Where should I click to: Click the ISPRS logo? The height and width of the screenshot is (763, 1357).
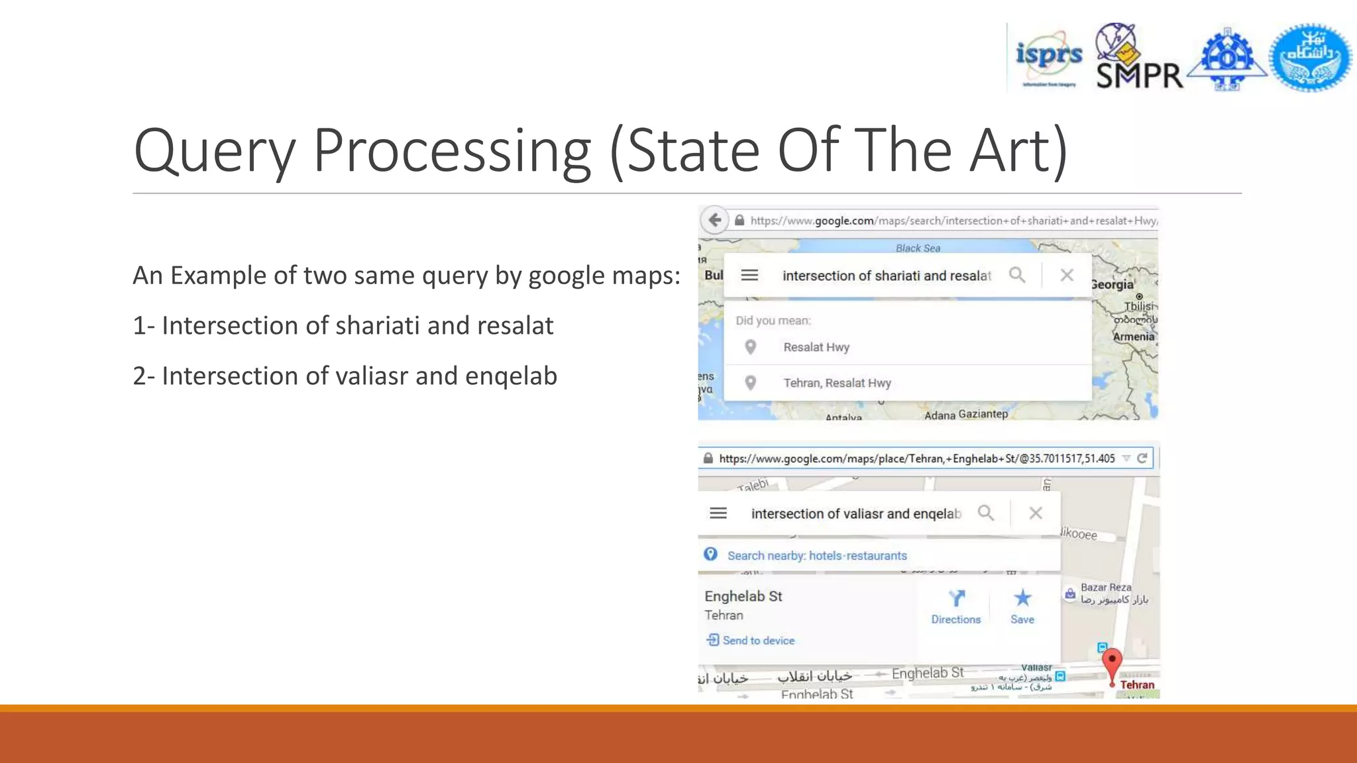pos(1048,58)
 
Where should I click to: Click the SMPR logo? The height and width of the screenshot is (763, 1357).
pos(1138,58)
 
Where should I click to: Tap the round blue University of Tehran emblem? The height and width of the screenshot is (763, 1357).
pos(1310,58)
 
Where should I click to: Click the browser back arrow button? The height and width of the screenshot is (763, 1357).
pos(714,220)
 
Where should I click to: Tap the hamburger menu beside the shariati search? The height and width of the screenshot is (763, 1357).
pos(749,275)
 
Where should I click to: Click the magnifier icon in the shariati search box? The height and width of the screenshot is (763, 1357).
pos(1017,275)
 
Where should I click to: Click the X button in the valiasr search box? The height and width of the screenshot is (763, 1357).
pos(1036,513)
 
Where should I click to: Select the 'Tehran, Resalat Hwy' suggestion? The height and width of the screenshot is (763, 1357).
pos(837,383)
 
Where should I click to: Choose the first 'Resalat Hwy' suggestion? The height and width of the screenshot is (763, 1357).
pos(816,347)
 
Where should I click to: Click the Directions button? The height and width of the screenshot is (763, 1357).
pos(955,607)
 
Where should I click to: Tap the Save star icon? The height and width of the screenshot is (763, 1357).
pos(1022,599)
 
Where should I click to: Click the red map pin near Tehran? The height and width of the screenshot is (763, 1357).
pos(1112,663)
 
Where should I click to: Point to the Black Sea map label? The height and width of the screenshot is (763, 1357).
pos(918,248)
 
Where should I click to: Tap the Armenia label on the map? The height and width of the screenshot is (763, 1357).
pos(1133,336)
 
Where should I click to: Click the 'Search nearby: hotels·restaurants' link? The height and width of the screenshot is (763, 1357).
pos(816,556)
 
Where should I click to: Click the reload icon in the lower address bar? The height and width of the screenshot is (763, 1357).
pos(1142,458)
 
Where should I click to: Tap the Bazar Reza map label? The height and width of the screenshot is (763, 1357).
pos(1106,587)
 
